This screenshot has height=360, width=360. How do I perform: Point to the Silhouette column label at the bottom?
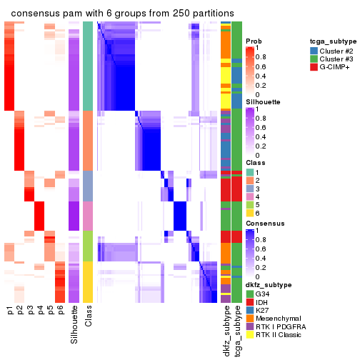point(75,326)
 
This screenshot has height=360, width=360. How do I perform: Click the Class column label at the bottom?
point(88,319)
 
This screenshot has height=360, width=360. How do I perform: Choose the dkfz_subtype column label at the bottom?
point(226,331)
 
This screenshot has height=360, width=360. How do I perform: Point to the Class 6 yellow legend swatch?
point(249,213)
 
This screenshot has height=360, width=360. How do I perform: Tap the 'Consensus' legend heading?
point(264,223)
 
